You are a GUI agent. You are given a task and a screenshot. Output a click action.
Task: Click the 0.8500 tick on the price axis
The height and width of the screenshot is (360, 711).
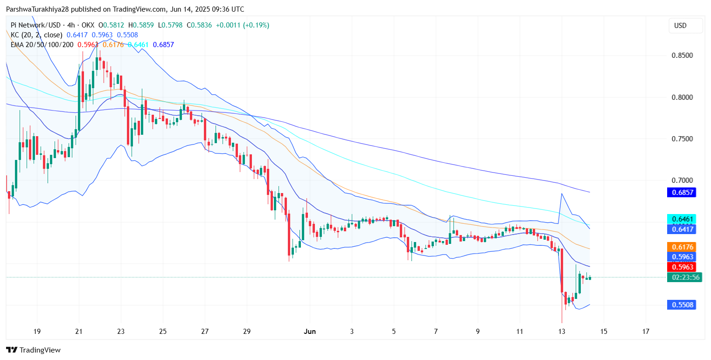(682, 56)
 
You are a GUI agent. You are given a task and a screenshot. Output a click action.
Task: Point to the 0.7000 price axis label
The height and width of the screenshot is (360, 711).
(682, 180)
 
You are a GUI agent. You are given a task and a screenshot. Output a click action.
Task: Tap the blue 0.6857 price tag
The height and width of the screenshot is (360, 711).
(682, 192)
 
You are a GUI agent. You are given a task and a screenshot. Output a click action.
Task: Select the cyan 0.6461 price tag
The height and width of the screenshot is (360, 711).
(682, 219)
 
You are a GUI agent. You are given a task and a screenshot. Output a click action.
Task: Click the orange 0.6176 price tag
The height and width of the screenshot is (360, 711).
(682, 247)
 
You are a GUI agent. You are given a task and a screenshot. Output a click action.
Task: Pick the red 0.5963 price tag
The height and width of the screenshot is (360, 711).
(682, 267)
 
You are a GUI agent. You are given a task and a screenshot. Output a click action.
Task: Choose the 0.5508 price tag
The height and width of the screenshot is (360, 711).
(682, 305)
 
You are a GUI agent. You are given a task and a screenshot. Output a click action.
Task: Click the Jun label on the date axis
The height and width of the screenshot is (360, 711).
(310, 332)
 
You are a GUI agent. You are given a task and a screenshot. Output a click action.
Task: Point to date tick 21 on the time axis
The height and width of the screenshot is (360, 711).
(79, 332)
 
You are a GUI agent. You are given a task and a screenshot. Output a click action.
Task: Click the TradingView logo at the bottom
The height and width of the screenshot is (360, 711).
(34, 350)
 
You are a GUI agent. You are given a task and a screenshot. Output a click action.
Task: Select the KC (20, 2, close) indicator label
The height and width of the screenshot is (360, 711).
(37, 35)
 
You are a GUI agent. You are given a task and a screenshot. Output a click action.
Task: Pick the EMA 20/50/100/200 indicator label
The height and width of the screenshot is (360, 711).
(42, 45)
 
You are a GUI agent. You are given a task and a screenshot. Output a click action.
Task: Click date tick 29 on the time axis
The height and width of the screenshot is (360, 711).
(247, 332)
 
